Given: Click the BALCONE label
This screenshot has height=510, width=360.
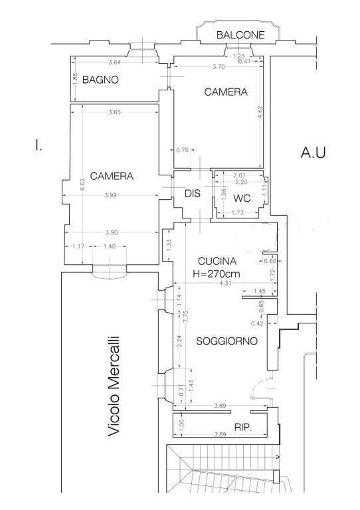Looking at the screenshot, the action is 240,35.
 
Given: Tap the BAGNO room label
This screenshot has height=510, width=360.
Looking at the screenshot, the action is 100,80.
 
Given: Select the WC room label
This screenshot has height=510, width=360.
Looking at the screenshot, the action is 242,198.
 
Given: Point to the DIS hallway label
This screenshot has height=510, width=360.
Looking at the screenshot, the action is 193,193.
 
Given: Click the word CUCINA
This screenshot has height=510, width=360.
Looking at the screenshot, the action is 217,261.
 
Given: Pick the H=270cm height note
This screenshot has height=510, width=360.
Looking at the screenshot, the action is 217,274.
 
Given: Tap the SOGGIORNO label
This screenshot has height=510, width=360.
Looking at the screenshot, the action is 226,341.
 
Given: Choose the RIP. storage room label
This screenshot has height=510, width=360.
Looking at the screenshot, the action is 243,427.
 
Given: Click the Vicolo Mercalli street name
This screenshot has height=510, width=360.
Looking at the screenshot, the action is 114,386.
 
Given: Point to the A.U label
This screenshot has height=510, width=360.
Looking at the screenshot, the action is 313,152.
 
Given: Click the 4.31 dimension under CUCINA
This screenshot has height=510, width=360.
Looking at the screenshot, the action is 225,283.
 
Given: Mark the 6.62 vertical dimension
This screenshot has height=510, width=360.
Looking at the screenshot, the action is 82,184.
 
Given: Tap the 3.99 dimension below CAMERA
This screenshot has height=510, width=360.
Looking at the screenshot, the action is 111,195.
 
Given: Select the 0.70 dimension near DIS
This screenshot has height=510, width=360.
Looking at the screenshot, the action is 182,150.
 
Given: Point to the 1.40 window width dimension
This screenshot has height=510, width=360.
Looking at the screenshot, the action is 110,246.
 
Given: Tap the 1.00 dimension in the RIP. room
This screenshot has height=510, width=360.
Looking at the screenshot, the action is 181,424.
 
